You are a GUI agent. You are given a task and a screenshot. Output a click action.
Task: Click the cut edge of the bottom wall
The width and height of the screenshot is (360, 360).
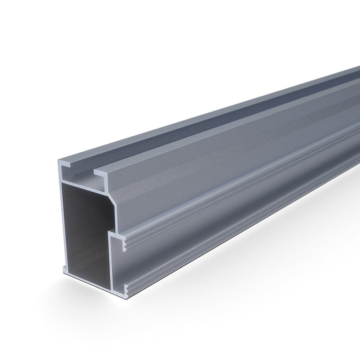[88, 278]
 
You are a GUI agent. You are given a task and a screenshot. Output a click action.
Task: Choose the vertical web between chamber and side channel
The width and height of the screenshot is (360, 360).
[110, 260]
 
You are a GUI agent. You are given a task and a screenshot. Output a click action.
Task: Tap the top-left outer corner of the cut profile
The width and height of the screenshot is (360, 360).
[58, 161]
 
